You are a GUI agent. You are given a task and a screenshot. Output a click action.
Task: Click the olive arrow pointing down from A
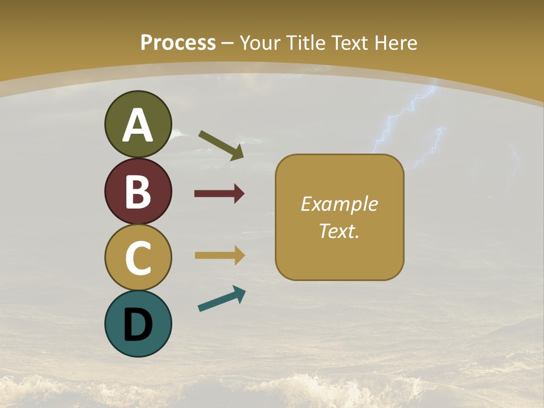221,145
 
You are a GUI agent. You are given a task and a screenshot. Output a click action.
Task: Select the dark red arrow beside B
219,194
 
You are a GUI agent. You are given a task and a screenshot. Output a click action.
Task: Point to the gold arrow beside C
219,255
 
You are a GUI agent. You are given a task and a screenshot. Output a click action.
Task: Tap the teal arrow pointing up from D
222,299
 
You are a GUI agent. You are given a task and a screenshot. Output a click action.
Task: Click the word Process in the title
178,43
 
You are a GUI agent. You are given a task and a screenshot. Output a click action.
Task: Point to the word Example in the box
339,204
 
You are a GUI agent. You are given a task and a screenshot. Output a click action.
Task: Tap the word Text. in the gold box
339,231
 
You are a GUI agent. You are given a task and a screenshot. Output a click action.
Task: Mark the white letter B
138,192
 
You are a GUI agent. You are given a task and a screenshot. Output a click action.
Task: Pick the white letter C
138,258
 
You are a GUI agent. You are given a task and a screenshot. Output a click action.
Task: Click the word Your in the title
260,43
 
